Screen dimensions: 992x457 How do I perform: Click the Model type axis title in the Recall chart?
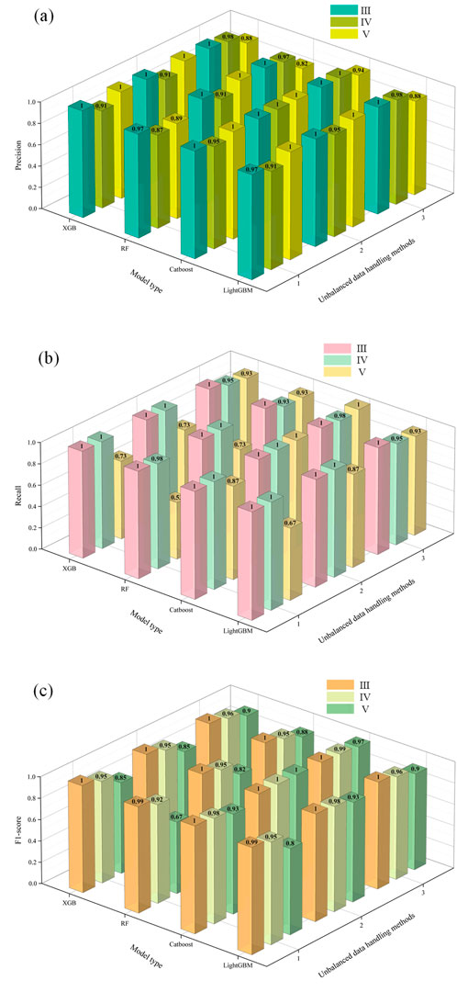(133, 613)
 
